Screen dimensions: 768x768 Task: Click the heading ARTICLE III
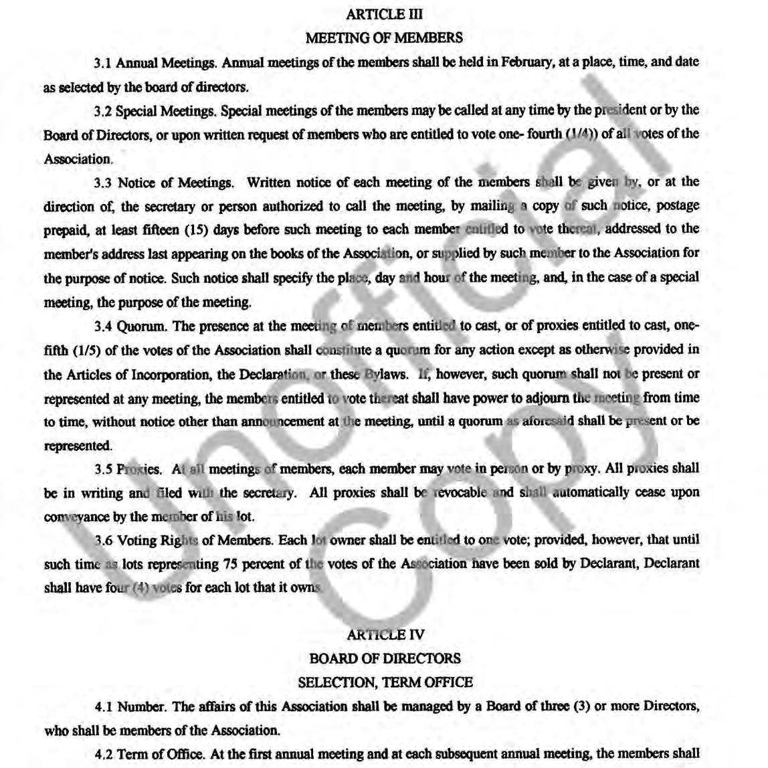coord(384,14)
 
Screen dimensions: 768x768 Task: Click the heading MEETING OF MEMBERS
coord(384,38)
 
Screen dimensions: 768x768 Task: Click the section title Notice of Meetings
coord(175,183)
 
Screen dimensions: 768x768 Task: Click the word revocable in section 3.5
coord(460,493)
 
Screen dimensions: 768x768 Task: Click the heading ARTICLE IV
coord(384,634)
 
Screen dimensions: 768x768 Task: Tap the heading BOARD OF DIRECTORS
coord(384,658)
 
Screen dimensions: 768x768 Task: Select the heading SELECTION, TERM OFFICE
coord(384,682)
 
